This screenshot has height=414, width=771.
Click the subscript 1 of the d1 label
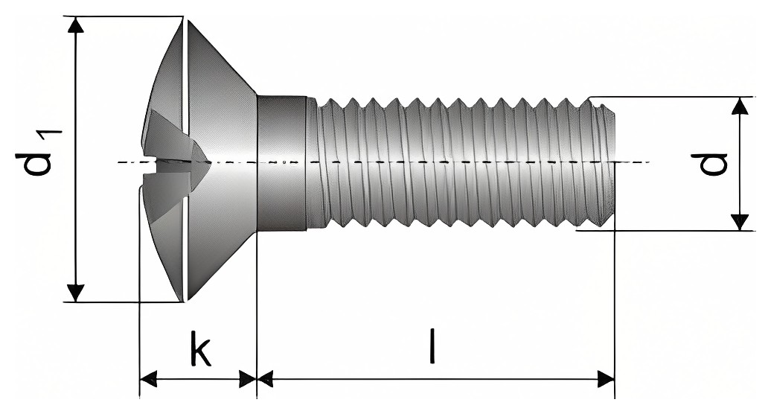(x=52, y=139)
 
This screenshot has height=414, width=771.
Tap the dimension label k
(x=201, y=348)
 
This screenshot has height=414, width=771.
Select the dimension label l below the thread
(x=432, y=346)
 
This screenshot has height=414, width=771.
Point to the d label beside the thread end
(x=708, y=165)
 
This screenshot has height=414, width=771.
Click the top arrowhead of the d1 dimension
(x=74, y=25)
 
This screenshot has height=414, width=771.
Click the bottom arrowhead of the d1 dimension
(x=74, y=293)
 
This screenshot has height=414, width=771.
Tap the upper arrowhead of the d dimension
(x=740, y=106)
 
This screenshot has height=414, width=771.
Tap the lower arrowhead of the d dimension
(x=740, y=222)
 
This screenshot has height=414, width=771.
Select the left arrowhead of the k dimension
(x=149, y=379)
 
